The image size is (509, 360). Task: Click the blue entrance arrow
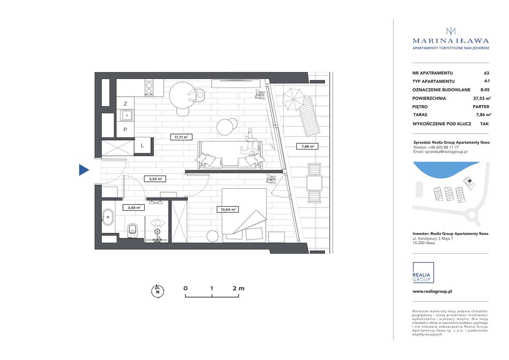(84, 170)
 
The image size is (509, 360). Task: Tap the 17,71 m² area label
(181, 137)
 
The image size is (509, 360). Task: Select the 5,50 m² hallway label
(155, 179)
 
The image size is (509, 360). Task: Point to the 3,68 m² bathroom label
(134, 207)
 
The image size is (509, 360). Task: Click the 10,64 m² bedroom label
(228, 209)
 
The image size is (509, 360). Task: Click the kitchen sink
(126, 116)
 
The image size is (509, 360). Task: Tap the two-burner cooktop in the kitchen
(149, 88)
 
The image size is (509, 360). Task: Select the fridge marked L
(142, 146)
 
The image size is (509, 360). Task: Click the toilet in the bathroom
(132, 230)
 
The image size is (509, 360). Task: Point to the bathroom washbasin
(108, 217)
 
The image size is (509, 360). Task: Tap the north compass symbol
(157, 291)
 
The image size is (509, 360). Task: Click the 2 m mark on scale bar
(238, 288)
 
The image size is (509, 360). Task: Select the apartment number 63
(486, 73)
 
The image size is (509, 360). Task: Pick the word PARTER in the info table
(481, 107)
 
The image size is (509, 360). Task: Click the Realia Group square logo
(423, 272)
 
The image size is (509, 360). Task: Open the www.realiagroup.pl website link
(432, 291)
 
